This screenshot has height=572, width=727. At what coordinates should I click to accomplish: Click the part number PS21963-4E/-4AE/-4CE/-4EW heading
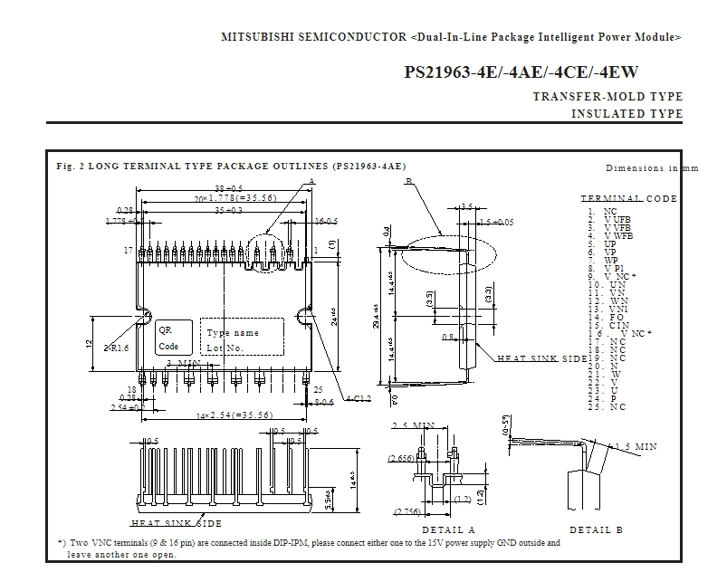526,72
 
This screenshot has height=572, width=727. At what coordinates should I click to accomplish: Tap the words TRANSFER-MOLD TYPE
607,97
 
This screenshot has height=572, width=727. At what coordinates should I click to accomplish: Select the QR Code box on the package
168,338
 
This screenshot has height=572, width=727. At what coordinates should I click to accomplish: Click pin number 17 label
129,249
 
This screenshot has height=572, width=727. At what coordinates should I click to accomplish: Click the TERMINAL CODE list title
627,198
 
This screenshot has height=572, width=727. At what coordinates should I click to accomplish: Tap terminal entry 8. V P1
605,268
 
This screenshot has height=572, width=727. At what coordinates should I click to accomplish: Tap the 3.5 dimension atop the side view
466,207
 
